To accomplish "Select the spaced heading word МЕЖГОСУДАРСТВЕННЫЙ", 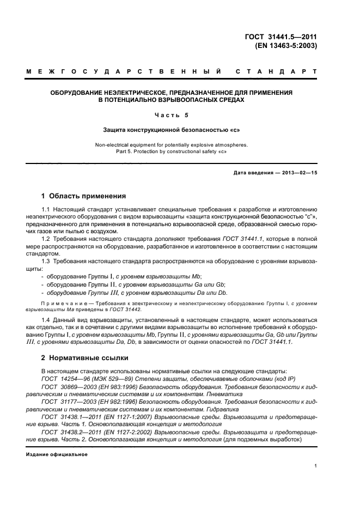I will [123, 71].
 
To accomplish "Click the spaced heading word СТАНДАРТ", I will [276, 71].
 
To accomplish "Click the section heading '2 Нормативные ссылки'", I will [85, 357].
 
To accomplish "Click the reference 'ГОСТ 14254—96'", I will [63, 378].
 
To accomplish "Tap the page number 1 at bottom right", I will [315, 466].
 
